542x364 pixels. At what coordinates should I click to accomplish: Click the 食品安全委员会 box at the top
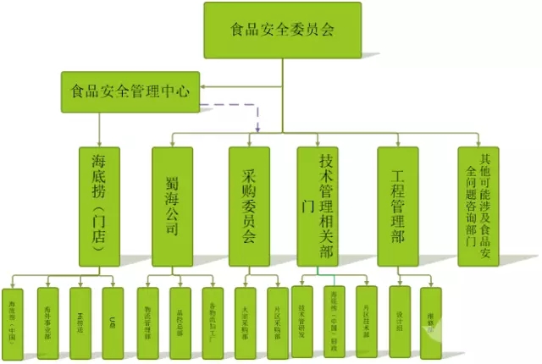pos(282,30)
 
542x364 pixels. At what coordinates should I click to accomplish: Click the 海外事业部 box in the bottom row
pos(48,315)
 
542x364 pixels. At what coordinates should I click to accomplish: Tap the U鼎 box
pos(113,315)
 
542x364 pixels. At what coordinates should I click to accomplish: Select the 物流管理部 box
pos(148,315)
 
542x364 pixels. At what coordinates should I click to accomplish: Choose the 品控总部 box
pos(181,315)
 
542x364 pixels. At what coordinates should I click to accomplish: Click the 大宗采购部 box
pos(245,315)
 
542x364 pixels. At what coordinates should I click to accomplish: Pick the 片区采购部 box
pos(277,315)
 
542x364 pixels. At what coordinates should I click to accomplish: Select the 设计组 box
pos(399,315)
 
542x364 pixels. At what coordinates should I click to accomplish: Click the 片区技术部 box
pos(366,315)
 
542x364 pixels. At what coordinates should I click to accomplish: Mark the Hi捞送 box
pos(80,315)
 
